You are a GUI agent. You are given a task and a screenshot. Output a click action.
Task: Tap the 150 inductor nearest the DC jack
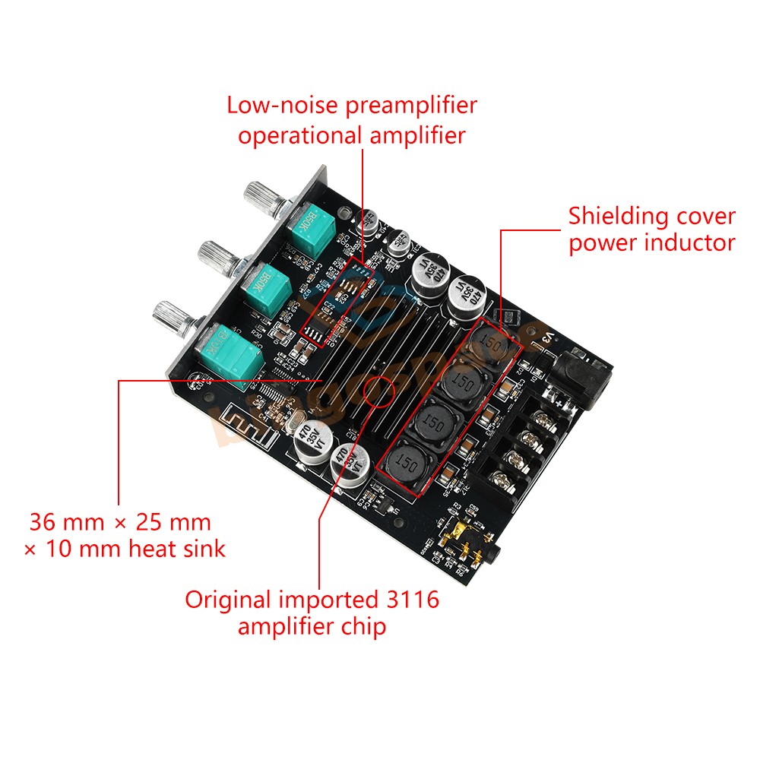click(x=490, y=344)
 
